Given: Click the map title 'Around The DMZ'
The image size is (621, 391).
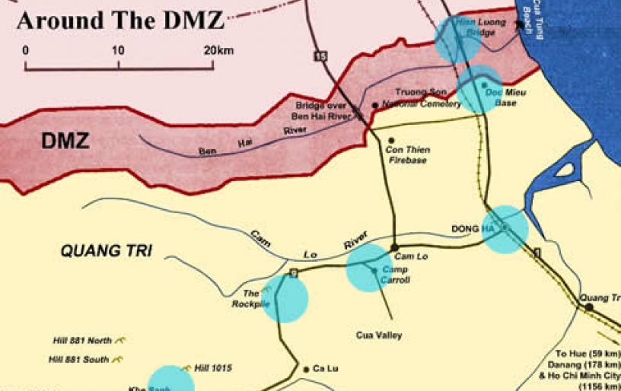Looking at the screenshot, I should (x=119, y=19).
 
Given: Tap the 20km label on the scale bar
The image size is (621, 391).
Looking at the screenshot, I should (x=218, y=50).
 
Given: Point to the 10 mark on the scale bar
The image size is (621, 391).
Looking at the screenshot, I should (x=118, y=50).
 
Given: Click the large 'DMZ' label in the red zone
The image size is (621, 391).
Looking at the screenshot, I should (x=65, y=141).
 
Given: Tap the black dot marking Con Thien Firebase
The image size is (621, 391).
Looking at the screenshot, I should (x=391, y=141).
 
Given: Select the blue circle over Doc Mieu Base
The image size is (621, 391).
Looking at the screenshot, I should (x=479, y=89).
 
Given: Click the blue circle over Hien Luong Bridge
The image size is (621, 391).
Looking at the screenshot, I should (x=457, y=39).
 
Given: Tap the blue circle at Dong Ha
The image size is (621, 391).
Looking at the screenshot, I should (x=505, y=228).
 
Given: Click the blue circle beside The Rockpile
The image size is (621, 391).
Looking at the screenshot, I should (x=285, y=299).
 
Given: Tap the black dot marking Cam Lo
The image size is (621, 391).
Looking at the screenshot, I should (x=394, y=247).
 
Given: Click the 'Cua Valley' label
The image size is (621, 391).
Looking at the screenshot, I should (x=378, y=335).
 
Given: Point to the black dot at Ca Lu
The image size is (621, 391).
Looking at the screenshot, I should (x=306, y=370).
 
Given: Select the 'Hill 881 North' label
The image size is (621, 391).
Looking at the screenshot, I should (x=82, y=340).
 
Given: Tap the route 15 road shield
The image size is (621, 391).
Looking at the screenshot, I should (x=320, y=57).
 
